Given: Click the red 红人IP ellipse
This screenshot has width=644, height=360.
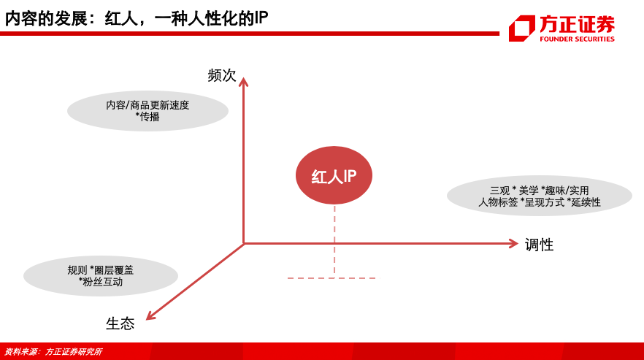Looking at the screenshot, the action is tap(334, 175).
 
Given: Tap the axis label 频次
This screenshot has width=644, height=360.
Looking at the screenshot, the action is tap(222, 75).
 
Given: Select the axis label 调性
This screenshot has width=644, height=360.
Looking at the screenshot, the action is tap(540, 245).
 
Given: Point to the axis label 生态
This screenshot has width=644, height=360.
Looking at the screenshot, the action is tap(120, 323).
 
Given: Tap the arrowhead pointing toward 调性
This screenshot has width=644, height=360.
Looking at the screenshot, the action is tap(514, 244).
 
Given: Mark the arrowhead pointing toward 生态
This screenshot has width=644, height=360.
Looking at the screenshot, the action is tap(150, 315).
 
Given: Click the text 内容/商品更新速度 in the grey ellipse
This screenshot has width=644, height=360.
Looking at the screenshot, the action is tap(147, 105).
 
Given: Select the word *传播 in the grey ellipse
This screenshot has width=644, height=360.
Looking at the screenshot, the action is tap(147, 117).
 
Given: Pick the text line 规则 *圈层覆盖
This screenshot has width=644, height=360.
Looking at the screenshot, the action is tap(101, 270).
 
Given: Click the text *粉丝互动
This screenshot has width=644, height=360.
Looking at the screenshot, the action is tap(101, 282).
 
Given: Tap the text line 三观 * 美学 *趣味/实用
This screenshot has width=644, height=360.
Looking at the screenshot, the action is tap(540, 191).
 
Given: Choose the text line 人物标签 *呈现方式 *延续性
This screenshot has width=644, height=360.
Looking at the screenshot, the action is tap(540, 202).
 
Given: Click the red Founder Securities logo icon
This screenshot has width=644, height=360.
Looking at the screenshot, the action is tap(521, 28).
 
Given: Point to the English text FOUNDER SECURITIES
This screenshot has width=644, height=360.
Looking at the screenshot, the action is tap(577, 39).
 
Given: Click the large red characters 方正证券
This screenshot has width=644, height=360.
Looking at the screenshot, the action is tap(577, 24).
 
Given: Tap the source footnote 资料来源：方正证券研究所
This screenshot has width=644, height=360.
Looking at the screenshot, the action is tap(53, 352).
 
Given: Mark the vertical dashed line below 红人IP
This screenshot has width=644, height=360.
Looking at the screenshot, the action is tap(334, 240).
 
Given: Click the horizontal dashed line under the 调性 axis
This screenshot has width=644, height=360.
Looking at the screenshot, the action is tap(334, 278).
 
